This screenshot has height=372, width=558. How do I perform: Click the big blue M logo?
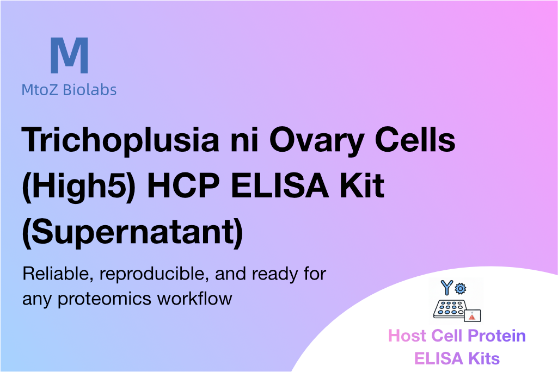pos(69,55)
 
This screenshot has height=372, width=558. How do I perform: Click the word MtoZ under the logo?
pos(40,90)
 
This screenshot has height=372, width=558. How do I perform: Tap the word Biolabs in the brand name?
pos(90,90)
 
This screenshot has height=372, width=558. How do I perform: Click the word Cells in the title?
pos(415,139)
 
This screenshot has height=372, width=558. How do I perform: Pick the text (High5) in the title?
pos(78,186)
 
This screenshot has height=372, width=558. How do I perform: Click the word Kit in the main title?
pos(362,185)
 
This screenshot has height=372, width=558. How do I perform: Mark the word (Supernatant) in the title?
pos(132,232)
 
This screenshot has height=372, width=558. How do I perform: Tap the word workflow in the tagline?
pos(195,298)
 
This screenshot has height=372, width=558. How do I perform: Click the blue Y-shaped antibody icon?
pos(446,288)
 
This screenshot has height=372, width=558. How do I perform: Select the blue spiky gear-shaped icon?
pos(460,288)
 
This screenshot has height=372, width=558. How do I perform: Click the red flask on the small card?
pos(472,317)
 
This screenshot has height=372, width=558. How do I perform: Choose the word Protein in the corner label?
pos(496,336)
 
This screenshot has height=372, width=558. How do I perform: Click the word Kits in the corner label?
pos(484,358)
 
